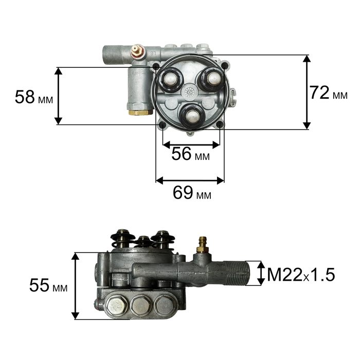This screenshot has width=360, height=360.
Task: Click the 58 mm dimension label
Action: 34,97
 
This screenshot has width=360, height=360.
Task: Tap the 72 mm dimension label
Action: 328,93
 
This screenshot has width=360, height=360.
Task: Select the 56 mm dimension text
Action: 191,154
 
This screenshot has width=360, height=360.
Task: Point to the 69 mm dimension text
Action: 192,192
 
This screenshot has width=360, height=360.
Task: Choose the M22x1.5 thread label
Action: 301,275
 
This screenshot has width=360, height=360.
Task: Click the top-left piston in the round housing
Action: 170,79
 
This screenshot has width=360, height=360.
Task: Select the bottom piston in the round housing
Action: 191,116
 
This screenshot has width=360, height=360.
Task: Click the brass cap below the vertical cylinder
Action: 140,112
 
